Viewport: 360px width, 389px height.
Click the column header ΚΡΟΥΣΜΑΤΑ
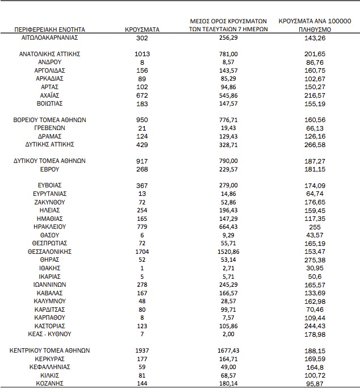click(142, 28)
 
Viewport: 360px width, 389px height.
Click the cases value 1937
click(142, 350)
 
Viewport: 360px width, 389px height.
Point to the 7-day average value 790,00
click(228, 161)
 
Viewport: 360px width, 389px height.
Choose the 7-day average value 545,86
click(228, 95)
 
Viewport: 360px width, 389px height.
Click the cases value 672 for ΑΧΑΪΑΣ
click(142, 95)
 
